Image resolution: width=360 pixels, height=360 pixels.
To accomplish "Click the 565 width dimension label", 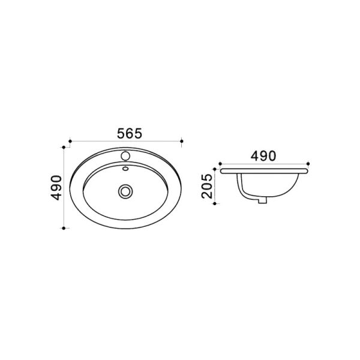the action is [130, 134].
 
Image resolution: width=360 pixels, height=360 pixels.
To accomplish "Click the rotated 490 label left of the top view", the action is [56, 188].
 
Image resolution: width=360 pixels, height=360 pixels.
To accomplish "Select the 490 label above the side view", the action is [263, 156].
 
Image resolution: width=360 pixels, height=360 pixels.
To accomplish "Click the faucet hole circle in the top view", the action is [125, 156].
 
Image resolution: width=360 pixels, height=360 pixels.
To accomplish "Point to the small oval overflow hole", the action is [125, 169].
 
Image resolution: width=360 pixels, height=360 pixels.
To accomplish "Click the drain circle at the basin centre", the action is [125, 191].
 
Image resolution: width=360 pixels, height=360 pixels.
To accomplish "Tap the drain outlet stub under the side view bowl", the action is [262, 200].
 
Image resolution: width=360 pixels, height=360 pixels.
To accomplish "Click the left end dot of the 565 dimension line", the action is [70, 141].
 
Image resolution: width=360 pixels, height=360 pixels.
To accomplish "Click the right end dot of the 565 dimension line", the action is [182, 141].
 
